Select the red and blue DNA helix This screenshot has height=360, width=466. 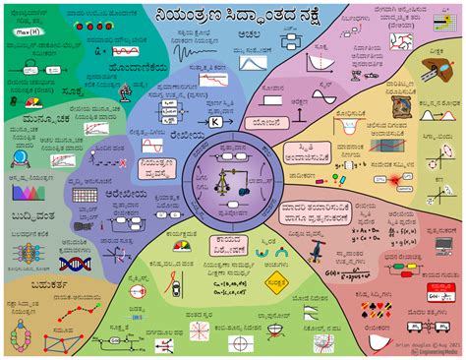point(74,263)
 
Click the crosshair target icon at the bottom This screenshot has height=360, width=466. point(241,343)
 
